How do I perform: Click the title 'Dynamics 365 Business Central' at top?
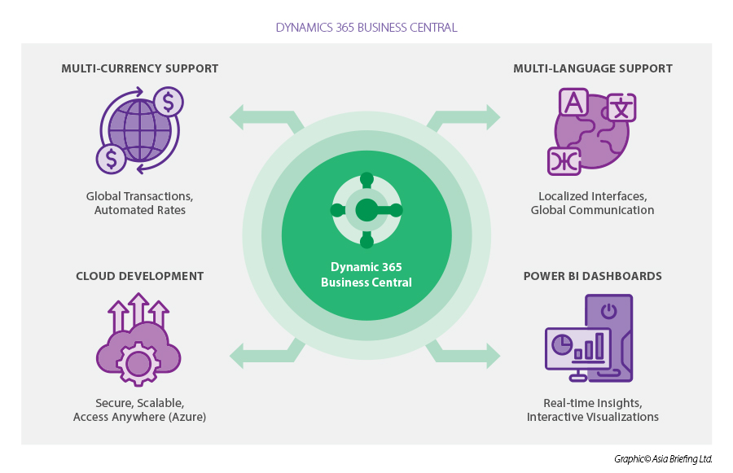[366, 28]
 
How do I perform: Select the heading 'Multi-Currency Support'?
[140, 68]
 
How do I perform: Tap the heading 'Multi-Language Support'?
[593, 68]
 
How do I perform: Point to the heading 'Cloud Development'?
[140, 276]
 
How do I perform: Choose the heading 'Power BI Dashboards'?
[592, 276]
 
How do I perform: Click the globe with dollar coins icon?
[139, 131]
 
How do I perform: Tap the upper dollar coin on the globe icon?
[168, 103]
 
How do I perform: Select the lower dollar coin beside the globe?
[111, 158]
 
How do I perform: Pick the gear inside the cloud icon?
[138, 363]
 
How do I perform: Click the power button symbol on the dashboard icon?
[608, 311]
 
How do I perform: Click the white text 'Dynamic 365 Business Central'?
[366, 275]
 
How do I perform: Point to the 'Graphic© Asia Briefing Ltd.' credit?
[663, 459]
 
